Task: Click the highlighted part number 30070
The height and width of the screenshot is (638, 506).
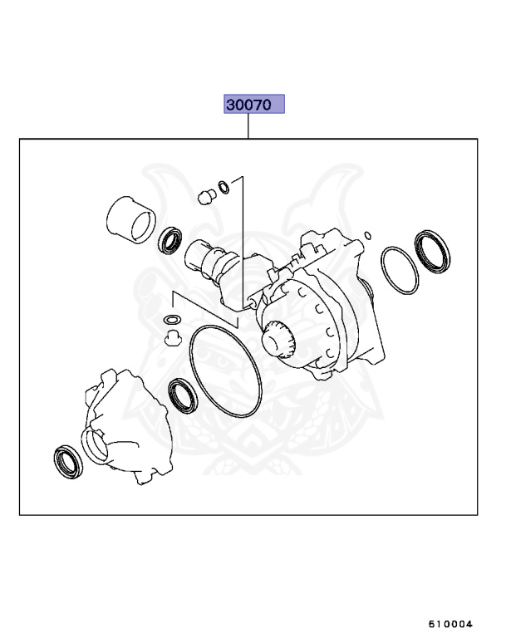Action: click(x=254, y=105)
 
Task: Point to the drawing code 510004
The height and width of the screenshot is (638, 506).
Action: click(x=450, y=623)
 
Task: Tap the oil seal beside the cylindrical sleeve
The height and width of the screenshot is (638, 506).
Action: click(x=173, y=240)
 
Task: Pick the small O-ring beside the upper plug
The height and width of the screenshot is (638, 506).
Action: click(x=222, y=185)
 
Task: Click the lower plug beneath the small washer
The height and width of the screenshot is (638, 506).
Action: click(x=172, y=336)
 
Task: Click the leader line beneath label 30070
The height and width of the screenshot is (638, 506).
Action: click(x=248, y=126)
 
